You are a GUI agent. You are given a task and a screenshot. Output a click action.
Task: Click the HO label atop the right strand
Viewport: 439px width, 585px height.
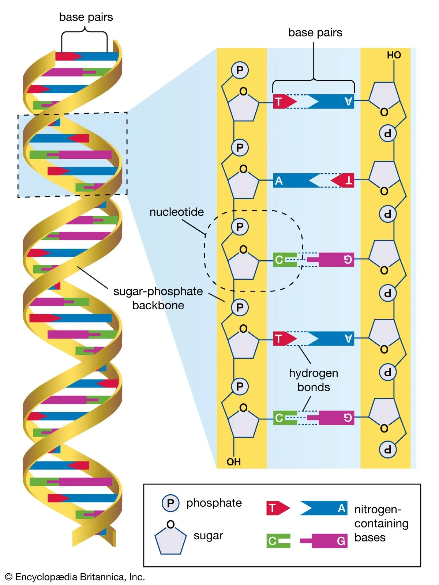(x=394, y=55)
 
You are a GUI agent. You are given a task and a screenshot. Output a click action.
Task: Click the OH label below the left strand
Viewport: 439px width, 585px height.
(x=234, y=462)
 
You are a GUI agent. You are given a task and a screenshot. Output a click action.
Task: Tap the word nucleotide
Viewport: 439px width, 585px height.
(x=177, y=212)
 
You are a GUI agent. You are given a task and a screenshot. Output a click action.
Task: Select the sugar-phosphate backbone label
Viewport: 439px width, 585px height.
(x=158, y=298)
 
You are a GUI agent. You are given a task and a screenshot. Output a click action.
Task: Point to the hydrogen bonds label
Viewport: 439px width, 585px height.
(x=314, y=380)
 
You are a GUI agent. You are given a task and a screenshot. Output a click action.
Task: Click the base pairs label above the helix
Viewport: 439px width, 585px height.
(x=86, y=17)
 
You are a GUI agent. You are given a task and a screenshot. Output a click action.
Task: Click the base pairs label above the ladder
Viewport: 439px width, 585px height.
(x=315, y=33)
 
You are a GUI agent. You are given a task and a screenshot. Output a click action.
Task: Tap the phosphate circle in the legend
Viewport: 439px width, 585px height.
(x=170, y=503)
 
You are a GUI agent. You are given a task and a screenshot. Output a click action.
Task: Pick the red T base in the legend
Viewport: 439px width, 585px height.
(x=277, y=508)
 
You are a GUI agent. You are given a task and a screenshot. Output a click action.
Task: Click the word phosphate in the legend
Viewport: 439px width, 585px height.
(x=214, y=503)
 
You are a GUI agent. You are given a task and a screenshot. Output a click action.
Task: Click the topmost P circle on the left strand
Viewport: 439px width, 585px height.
(x=240, y=70)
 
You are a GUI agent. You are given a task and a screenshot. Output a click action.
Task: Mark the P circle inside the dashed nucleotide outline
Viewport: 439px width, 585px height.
(x=240, y=227)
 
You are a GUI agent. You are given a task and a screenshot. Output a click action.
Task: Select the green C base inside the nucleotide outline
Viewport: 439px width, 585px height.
(x=284, y=260)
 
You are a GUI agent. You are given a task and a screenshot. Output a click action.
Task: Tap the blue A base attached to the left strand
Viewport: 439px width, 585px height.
(x=294, y=181)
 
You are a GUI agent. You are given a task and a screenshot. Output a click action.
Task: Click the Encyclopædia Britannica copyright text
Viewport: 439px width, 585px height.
(x=75, y=577)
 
